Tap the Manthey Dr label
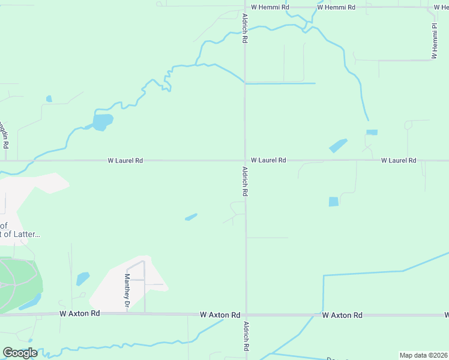click(x=127, y=292)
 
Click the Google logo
click(x=20, y=353)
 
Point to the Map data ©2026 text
click(x=423, y=355)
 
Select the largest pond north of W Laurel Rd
click(x=102, y=122)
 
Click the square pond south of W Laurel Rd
click(x=334, y=202)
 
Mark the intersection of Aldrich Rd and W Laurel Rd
click(x=245, y=160)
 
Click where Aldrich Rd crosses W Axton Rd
click(x=246, y=314)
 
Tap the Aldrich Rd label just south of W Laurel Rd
click(x=245, y=182)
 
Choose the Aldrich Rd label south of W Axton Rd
click(x=246, y=336)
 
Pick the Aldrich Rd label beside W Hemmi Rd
click(x=245, y=28)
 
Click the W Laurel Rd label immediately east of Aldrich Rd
click(x=268, y=160)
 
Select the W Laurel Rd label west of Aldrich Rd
click(x=125, y=160)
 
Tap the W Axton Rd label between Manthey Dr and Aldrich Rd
click(x=220, y=314)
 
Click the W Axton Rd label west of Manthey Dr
click(x=80, y=313)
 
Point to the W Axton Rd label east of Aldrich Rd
click(x=342, y=315)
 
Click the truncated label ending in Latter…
click(x=20, y=234)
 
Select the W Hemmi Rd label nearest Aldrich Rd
click(x=270, y=7)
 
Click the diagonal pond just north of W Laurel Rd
click(x=338, y=146)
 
